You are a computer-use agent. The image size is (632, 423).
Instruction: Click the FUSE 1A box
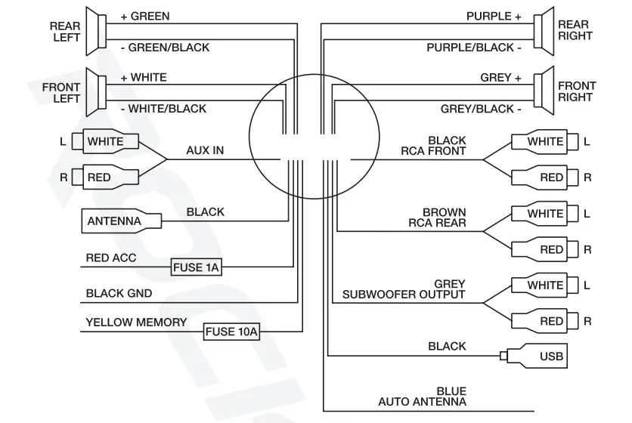click(196, 267)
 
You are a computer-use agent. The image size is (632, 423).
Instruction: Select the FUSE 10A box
click(231, 332)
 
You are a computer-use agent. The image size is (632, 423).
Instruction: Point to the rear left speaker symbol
click(95, 31)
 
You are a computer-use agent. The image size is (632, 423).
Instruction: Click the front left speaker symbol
click(95, 93)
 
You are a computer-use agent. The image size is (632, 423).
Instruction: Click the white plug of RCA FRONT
click(541, 141)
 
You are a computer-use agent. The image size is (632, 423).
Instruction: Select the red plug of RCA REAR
click(541, 249)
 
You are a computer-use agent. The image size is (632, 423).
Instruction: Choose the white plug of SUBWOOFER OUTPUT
click(541, 286)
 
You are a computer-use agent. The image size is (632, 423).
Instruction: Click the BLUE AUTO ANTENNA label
click(423, 396)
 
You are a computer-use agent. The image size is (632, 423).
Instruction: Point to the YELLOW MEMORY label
click(136, 323)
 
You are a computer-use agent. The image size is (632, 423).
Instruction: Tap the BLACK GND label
click(119, 293)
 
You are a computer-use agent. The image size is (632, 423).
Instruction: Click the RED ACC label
click(111, 258)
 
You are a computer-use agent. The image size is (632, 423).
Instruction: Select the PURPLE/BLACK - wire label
click(474, 48)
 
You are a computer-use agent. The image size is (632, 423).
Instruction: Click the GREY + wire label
click(500, 78)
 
